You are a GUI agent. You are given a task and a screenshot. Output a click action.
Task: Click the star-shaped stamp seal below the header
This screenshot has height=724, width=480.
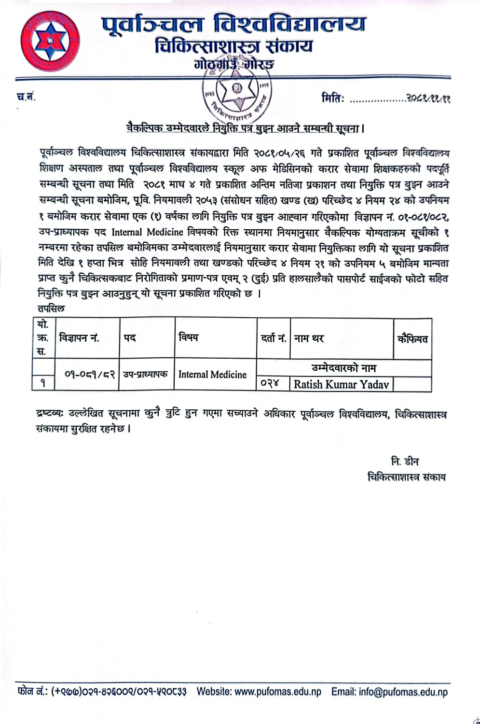tap(236, 92)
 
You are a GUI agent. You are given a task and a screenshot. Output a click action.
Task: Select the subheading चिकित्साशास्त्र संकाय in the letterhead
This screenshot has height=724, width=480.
tap(234, 47)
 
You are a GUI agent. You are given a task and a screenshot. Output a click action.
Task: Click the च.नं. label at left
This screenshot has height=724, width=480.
tap(26, 97)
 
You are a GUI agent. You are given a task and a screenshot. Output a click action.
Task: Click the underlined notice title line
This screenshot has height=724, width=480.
tap(244, 128)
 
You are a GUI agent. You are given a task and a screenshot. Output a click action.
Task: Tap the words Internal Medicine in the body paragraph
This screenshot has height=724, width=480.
tap(148, 232)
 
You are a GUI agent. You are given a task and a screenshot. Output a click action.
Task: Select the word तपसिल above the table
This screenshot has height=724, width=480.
tap(51, 308)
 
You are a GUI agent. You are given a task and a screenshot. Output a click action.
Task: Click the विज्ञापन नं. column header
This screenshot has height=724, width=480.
tap(79, 338)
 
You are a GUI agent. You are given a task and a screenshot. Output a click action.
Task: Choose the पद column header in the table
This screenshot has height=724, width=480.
tap(130, 338)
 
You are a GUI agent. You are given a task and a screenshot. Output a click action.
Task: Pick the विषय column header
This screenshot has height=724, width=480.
tap(188, 337)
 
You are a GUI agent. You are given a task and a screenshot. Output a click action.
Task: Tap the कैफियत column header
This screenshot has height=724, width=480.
tap(412, 339)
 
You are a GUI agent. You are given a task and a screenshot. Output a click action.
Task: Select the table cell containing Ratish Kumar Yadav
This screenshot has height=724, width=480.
tap(341, 384)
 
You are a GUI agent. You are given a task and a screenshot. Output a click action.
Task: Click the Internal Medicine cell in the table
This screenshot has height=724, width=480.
tap(212, 374)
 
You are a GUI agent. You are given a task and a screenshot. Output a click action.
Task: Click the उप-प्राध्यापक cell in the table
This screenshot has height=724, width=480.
tap(145, 374)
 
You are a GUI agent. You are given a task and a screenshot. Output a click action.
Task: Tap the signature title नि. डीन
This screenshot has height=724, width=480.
tap(405, 461)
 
